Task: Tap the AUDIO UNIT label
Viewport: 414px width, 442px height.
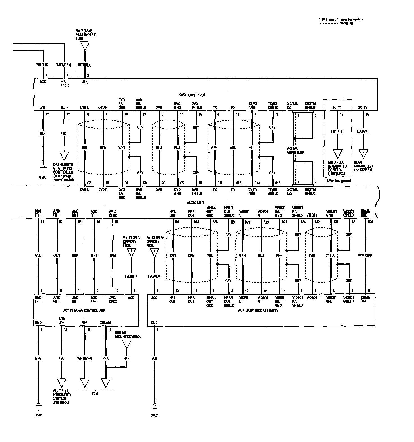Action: pos(195,202)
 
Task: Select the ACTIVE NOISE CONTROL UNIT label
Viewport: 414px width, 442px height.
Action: pos(86,310)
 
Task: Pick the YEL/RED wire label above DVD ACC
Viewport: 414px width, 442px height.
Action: pos(42,65)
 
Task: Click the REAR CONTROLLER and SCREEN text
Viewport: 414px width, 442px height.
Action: pos(363,168)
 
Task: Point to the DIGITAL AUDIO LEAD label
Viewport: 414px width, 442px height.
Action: pos(295,150)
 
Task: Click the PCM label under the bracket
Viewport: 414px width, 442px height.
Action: pos(95,393)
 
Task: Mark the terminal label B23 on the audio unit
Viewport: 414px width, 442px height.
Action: pos(370,222)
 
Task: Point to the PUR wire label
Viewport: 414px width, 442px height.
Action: pos(312,256)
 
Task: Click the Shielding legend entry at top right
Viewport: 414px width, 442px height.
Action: pos(346,24)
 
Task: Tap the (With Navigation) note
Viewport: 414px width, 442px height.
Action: pos(339,181)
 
